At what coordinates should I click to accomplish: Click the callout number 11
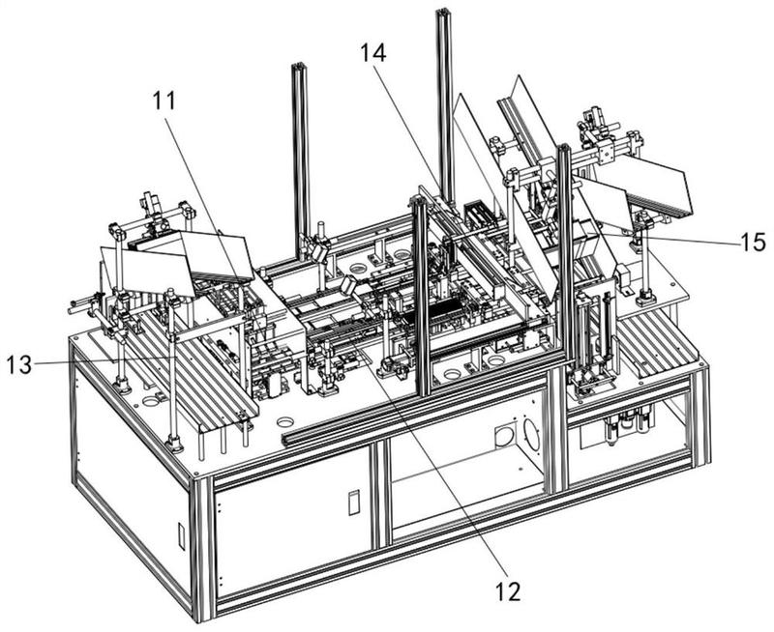click(x=164, y=101)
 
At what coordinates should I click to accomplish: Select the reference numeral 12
click(x=508, y=591)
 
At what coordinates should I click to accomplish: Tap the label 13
click(x=18, y=365)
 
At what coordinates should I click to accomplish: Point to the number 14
click(x=373, y=53)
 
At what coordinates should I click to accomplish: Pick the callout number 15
click(x=754, y=243)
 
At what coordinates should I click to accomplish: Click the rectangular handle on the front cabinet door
click(x=353, y=503)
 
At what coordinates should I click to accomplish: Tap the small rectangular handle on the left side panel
click(x=181, y=536)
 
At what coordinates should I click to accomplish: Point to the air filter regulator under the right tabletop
click(x=628, y=425)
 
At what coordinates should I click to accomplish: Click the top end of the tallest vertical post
click(x=443, y=12)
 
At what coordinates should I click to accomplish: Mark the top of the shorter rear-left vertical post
click(x=299, y=67)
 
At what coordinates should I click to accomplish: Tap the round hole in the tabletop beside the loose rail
click(x=284, y=422)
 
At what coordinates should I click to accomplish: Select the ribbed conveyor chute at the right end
click(x=657, y=344)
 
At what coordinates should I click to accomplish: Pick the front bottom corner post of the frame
click(x=203, y=548)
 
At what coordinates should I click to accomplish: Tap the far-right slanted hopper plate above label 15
click(x=652, y=185)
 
